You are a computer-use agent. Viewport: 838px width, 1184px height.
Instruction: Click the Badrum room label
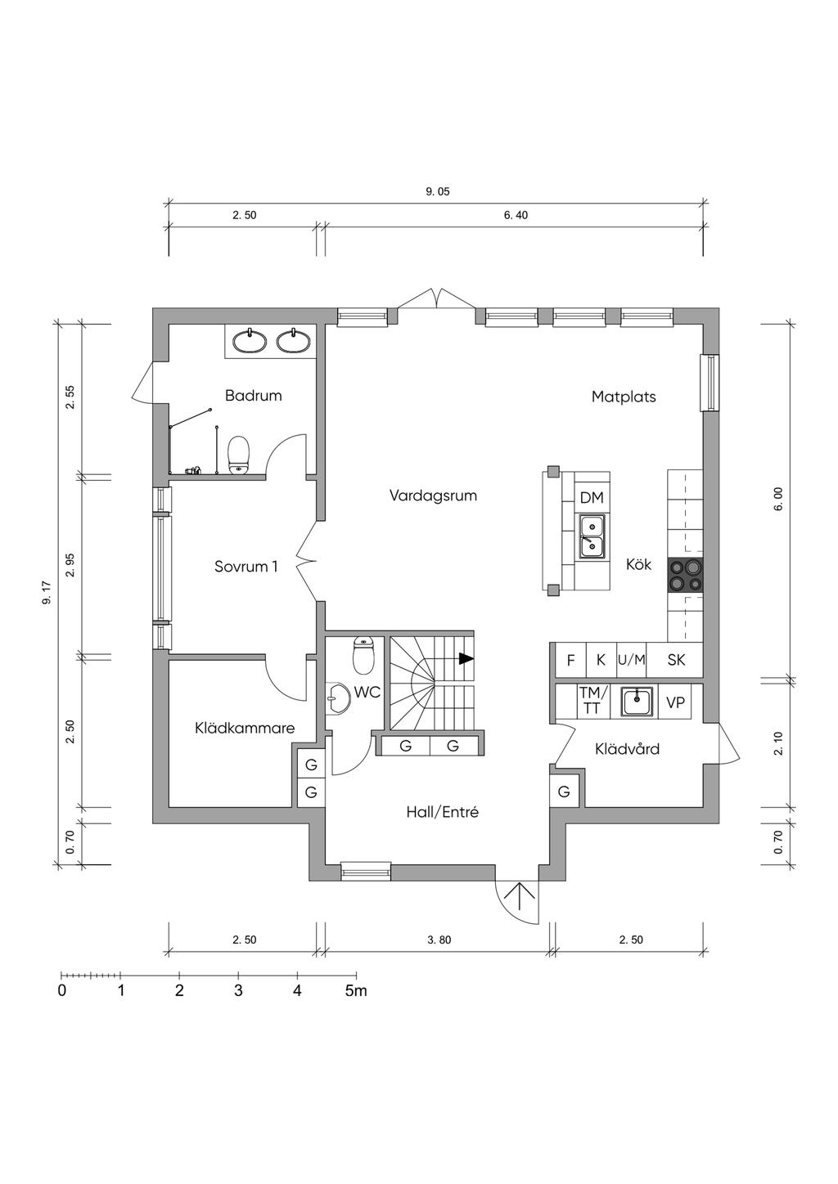click(x=253, y=396)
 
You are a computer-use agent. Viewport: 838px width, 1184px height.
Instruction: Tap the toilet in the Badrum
click(x=238, y=455)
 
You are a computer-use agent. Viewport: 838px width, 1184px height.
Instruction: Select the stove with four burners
click(x=685, y=575)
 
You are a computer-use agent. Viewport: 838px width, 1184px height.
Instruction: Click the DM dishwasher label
click(x=591, y=498)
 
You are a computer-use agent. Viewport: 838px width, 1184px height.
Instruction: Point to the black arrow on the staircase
click(x=466, y=658)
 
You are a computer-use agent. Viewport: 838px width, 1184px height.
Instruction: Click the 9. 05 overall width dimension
click(x=438, y=192)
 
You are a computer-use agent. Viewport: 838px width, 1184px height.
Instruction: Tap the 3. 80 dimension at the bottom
click(x=439, y=940)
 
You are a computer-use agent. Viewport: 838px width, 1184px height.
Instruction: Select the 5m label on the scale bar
click(x=356, y=991)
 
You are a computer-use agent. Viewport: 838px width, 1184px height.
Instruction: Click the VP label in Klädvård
click(x=675, y=702)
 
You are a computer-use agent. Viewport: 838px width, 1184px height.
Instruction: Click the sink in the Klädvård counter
click(x=637, y=702)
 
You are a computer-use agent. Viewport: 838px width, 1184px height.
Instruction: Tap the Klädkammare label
click(x=245, y=728)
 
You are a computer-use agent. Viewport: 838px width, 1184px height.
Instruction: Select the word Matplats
click(x=624, y=397)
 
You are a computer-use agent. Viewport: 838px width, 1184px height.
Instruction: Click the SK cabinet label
click(x=676, y=660)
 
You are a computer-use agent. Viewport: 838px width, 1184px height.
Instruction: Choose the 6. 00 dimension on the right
click(x=778, y=499)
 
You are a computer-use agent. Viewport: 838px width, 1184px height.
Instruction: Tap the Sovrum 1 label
click(x=246, y=566)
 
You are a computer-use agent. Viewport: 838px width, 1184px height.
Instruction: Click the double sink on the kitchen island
click(x=592, y=536)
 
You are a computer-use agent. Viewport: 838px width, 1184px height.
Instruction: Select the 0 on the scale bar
click(x=62, y=991)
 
